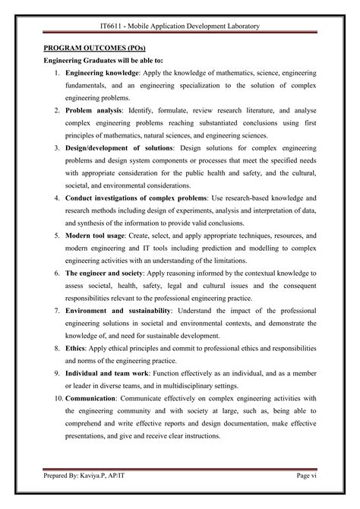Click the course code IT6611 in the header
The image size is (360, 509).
point(112,27)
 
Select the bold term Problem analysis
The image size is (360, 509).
point(90,111)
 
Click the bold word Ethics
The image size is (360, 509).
point(76,347)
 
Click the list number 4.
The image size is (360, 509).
point(58,198)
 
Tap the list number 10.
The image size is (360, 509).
point(58,397)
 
